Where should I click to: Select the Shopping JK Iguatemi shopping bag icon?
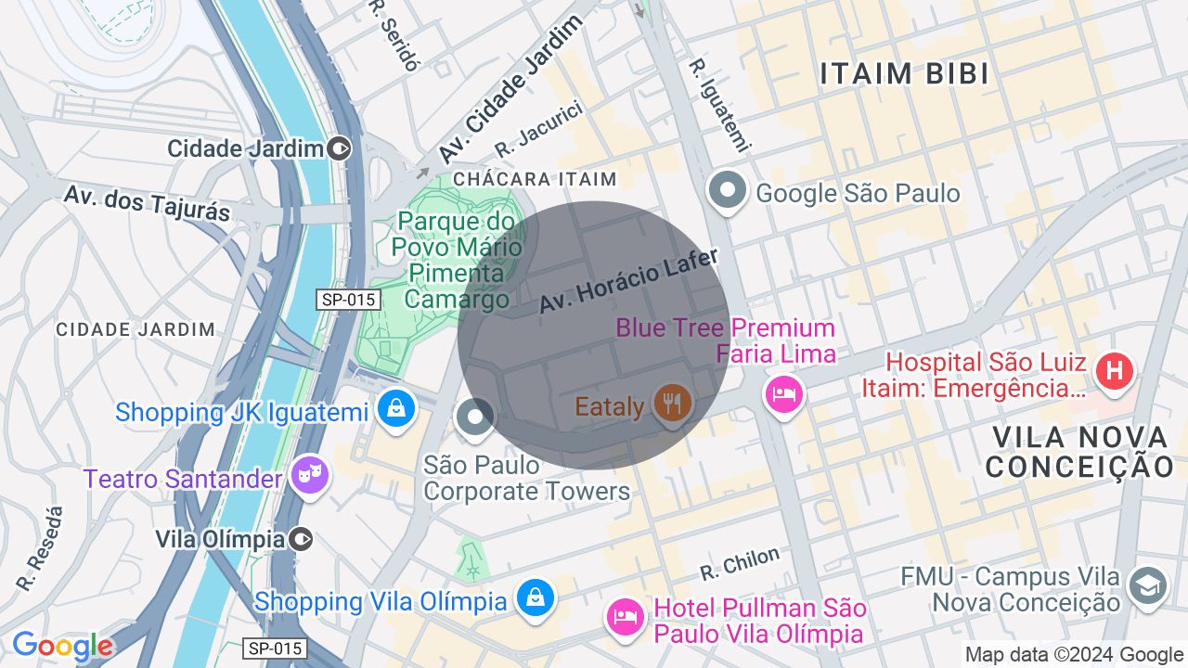coord(396,408)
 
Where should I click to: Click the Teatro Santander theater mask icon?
coord(309,476)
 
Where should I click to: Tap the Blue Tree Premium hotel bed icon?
coord(784,393)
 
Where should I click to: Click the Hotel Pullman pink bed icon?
coord(626,617)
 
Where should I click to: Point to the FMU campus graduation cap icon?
coord(1147,586)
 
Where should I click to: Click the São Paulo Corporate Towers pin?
coord(475,417)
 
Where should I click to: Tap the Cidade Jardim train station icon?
coord(340,148)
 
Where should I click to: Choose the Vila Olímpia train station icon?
coord(301,539)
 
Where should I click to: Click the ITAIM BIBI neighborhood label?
coord(905,74)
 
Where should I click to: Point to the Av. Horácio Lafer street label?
coord(629,281)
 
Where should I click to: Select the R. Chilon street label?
coord(740,562)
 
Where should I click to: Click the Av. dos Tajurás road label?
coord(147,202)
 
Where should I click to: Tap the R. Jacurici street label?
coord(538,130)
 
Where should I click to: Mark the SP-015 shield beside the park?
coord(348,300)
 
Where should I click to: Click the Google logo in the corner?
coord(62,646)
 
